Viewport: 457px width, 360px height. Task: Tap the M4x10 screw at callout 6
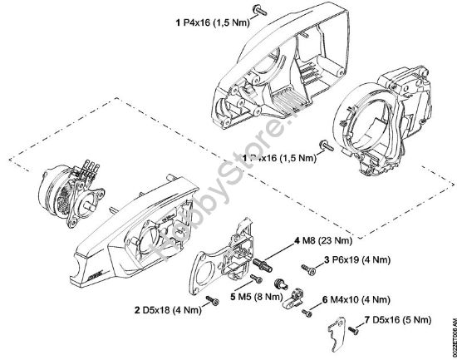pyautogui.click(x=307, y=313)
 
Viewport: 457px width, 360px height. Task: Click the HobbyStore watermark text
pyautogui.click(x=190, y=205)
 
